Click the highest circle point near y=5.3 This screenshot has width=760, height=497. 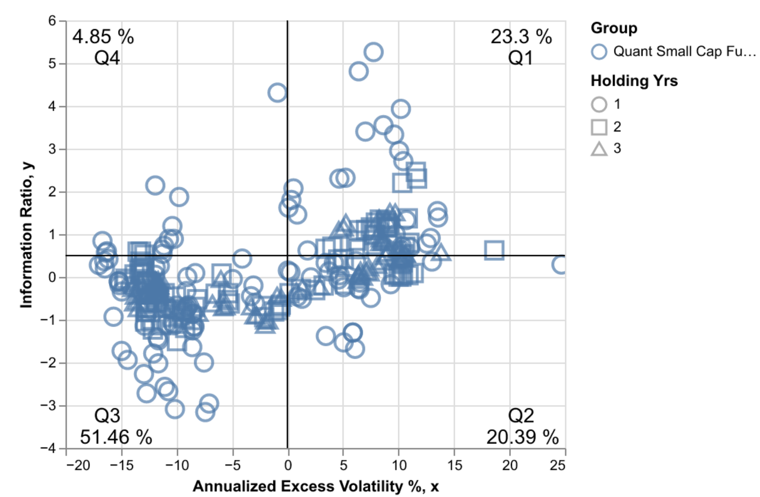373,52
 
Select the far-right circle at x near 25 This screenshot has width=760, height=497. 561,264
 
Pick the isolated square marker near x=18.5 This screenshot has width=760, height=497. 494,251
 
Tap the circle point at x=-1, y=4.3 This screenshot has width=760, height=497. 277,93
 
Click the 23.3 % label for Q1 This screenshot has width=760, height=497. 521,37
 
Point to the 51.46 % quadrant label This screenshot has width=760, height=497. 116,437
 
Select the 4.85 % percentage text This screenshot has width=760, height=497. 103,37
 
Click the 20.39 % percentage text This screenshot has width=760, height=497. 522,437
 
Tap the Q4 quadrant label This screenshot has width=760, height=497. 107,58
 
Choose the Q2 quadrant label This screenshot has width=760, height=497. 521,416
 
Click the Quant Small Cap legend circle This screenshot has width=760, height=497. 599,52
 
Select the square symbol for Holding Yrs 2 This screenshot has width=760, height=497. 599,127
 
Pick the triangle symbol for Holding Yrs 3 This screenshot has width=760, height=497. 599,149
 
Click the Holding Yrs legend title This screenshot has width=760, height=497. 634,81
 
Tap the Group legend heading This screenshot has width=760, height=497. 614,28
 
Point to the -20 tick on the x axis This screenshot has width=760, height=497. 78,465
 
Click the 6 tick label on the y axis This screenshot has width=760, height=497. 52,21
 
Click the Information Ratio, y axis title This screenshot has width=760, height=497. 26,235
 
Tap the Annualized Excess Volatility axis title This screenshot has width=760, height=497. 316,486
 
